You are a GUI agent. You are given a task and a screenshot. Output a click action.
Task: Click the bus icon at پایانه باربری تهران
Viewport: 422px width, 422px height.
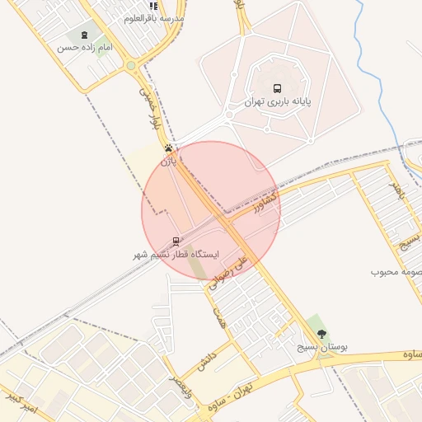pos(276,88)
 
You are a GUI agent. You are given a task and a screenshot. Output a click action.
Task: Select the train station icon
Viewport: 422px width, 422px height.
pos(175,241)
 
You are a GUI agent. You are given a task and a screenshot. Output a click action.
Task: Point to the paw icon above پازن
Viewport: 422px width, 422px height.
pos(169,149)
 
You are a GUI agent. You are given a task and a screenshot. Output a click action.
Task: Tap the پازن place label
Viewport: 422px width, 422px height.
pos(168,162)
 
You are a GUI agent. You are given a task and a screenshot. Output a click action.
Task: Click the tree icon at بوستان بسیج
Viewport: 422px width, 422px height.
pos(321,334)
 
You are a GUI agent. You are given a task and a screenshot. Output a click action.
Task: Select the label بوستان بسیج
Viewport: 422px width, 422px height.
pos(321,347)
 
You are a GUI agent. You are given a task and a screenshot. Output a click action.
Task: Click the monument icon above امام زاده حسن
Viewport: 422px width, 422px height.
pos(85,35)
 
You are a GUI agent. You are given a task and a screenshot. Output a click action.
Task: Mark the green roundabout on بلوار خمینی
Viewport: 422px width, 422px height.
pos(131,65)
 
